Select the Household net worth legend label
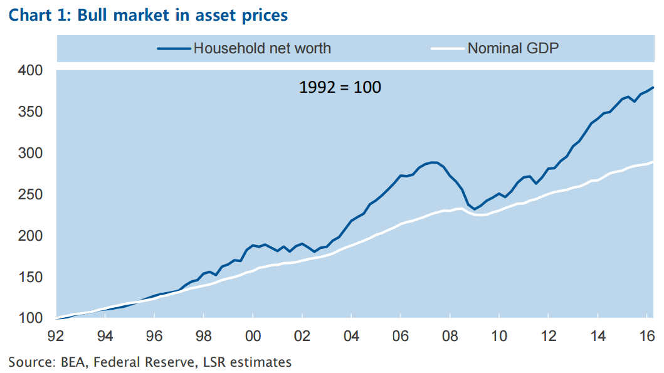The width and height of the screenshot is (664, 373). pos(262,48)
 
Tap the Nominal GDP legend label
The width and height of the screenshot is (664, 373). pos(513,48)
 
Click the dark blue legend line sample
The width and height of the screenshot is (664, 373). pos(173,48)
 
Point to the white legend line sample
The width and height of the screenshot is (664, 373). pos(447,48)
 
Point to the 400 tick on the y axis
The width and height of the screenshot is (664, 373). pos(29,71)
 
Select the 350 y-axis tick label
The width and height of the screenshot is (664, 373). pos(29,112)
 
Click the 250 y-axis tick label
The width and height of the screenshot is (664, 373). pos(29,195)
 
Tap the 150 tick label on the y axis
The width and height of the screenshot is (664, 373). pos(29,278)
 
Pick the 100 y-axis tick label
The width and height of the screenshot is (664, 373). pos(29,318)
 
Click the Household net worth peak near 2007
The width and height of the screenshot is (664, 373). pos(433,162)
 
